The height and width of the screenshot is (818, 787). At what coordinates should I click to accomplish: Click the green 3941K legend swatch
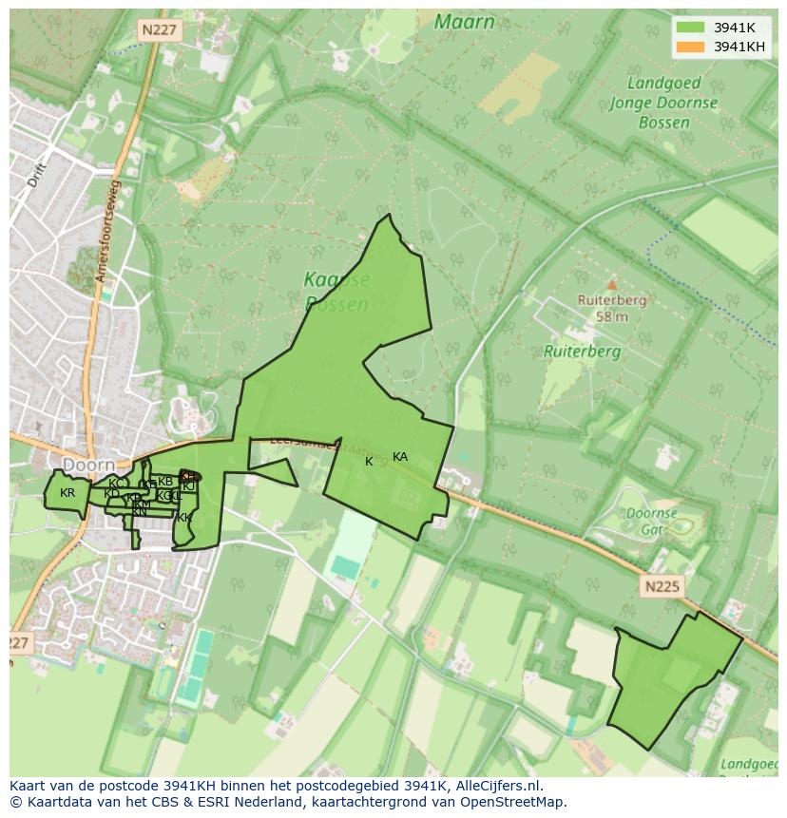[689, 28]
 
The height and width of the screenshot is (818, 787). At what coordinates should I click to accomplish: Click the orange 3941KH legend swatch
[689, 47]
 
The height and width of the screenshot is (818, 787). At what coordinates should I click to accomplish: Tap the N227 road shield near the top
[159, 30]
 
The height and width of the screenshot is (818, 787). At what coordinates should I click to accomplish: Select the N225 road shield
[661, 586]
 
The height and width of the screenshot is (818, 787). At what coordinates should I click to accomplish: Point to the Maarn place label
[464, 22]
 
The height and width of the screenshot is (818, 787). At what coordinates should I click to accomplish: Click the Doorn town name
[88, 465]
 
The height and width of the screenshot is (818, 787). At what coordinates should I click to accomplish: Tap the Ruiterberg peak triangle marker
[612, 284]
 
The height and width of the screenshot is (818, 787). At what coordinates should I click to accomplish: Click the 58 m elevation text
[612, 316]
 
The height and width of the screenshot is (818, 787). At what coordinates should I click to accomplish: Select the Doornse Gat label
[652, 521]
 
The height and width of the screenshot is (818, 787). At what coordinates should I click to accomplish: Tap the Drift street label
[37, 175]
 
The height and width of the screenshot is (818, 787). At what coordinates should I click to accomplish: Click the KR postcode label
[67, 493]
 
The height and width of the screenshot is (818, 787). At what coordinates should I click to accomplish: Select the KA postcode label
[400, 457]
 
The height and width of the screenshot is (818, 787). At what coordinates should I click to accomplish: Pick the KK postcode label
[184, 518]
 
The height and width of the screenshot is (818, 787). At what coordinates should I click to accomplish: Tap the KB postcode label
[165, 482]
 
